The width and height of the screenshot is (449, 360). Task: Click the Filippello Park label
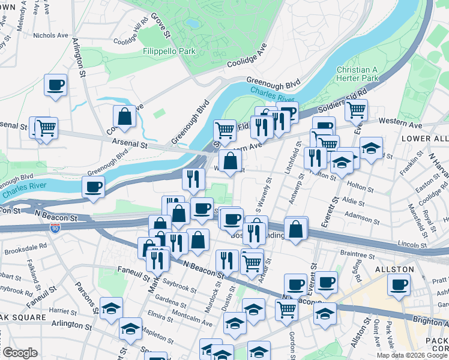169,52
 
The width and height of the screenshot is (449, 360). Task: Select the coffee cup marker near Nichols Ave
55,85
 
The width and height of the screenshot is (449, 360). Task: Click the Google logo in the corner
19,353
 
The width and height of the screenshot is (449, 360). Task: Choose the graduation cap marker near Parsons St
111,308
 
